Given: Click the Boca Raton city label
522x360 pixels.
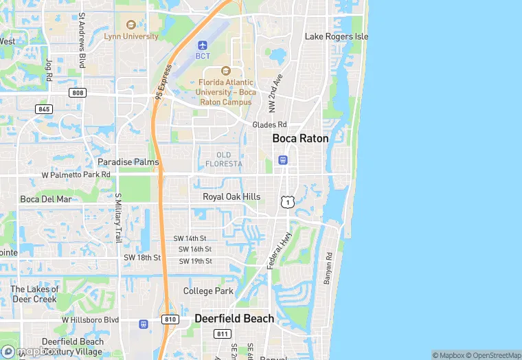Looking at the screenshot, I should tap(300, 138).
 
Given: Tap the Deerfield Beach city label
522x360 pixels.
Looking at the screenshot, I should tap(234, 318).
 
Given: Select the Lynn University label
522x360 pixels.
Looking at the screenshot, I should tap(131, 36).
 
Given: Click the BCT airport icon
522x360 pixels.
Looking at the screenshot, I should tap(203, 45).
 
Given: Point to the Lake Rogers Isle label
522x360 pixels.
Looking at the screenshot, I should tap(337, 36).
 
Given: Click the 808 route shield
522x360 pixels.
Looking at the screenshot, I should tap(78, 92).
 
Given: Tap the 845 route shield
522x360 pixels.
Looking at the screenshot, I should tap(44, 109).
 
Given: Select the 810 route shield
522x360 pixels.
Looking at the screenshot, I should tap(170, 319).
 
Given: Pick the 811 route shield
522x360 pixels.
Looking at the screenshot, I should tap(222, 334).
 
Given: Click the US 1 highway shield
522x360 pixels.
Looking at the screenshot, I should tap(286, 201).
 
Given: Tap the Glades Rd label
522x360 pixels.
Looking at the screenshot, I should tap(269, 124).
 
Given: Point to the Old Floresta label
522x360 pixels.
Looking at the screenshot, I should tap(224, 159).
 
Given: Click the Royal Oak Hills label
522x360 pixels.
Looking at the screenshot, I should tap(231, 196).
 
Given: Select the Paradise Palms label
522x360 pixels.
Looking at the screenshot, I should tap(128, 162).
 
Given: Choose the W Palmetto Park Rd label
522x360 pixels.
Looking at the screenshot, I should tap(76, 175).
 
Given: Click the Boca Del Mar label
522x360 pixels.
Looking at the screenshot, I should tap(45, 199).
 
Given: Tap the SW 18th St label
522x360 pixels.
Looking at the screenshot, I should tap(141, 257).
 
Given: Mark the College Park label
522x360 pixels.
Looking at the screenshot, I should tap(209, 291).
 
